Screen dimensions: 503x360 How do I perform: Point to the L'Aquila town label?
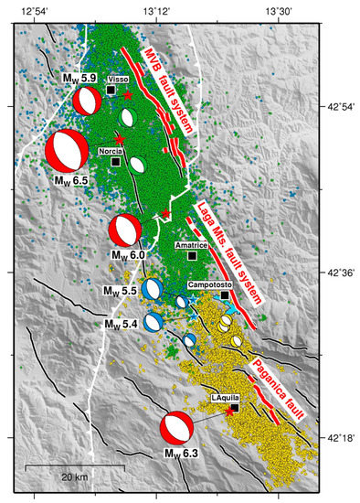(225, 398)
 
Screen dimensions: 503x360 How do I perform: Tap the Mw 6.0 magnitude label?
(128, 253)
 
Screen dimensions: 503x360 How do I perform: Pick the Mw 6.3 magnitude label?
(181, 452)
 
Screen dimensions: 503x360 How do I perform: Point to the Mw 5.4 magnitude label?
(121, 324)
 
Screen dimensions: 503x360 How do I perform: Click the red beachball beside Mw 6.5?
(63, 151)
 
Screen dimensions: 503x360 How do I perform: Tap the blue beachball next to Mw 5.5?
(154, 289)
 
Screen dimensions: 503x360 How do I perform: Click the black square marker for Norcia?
(116, 162)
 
